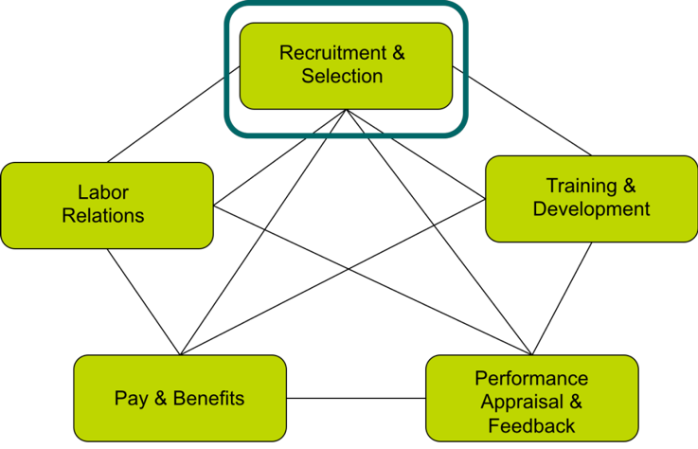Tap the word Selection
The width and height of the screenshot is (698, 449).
[342, 77]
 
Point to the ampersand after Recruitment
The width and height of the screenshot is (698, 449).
[398, 53]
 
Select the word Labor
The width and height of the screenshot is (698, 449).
[103, 192]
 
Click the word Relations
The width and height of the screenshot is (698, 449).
[103, 216]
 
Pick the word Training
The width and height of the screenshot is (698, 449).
[581, 186]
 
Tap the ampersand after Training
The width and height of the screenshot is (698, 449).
[629, 186]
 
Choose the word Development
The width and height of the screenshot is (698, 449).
[591, 209]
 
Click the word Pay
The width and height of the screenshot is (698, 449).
[131, 399]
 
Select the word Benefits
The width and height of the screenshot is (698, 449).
[206, 398]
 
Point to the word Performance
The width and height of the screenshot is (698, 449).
[531, 379]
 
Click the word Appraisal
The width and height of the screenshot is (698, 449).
[522, 403]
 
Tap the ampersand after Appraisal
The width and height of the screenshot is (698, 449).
[576, 403]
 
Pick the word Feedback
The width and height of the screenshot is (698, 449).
[531, 426]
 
